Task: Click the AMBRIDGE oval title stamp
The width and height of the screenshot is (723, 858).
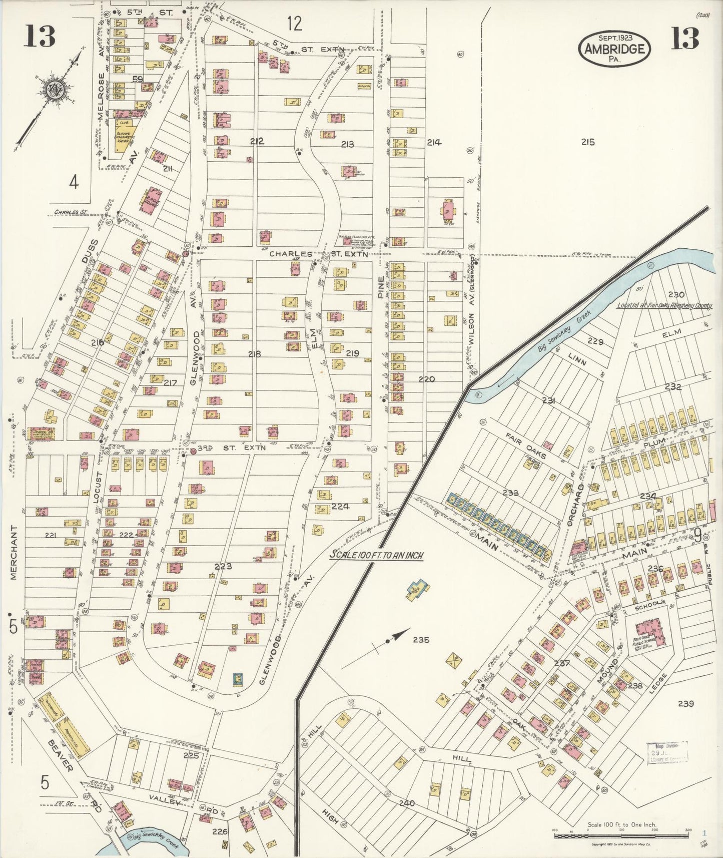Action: (614, 48)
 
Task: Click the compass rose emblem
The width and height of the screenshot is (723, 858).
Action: (52, 90)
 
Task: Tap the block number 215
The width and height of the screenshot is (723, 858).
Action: (588, 142)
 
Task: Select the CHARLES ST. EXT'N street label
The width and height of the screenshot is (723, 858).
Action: (319, 254)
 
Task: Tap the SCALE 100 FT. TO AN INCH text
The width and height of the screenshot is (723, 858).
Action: (376, 555)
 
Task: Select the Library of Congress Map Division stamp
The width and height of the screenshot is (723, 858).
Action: (667, 752)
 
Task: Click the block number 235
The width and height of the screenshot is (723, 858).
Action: (421, 639)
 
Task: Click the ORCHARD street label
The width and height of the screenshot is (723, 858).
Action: (576, 504)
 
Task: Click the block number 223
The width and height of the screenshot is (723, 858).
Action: (223, 566)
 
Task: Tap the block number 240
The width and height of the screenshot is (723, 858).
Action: (407, 802)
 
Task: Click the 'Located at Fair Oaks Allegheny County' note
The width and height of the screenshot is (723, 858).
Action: (664, 305)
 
